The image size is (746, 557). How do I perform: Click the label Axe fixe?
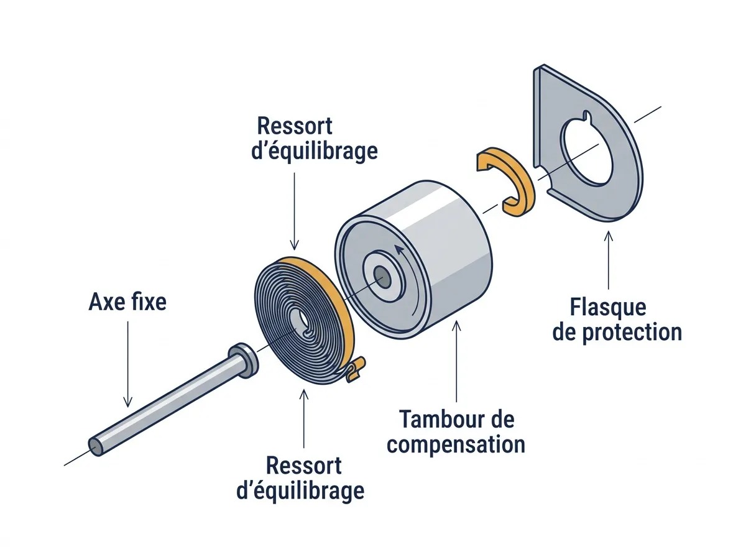tap(127, 302)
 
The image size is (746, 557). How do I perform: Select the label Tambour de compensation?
tap(456, 431)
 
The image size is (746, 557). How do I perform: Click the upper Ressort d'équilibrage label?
tap(314, 139)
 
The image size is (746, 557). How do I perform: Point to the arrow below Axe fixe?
tap(128, 364)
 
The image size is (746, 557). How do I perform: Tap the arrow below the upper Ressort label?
tap(294, 211)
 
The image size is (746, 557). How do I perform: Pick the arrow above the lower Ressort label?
tap(304, 418)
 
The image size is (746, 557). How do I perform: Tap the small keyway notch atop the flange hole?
tap(587, 116)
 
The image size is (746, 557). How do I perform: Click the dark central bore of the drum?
tap(382, 277)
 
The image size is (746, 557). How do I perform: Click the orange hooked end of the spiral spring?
tap(356, 369)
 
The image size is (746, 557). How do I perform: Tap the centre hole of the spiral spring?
tap(303, 320)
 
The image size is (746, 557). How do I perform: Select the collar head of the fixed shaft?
tap(243, 360)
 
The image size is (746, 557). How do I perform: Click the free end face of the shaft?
tap(96, 446)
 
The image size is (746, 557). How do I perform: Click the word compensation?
tap(456, 444)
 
